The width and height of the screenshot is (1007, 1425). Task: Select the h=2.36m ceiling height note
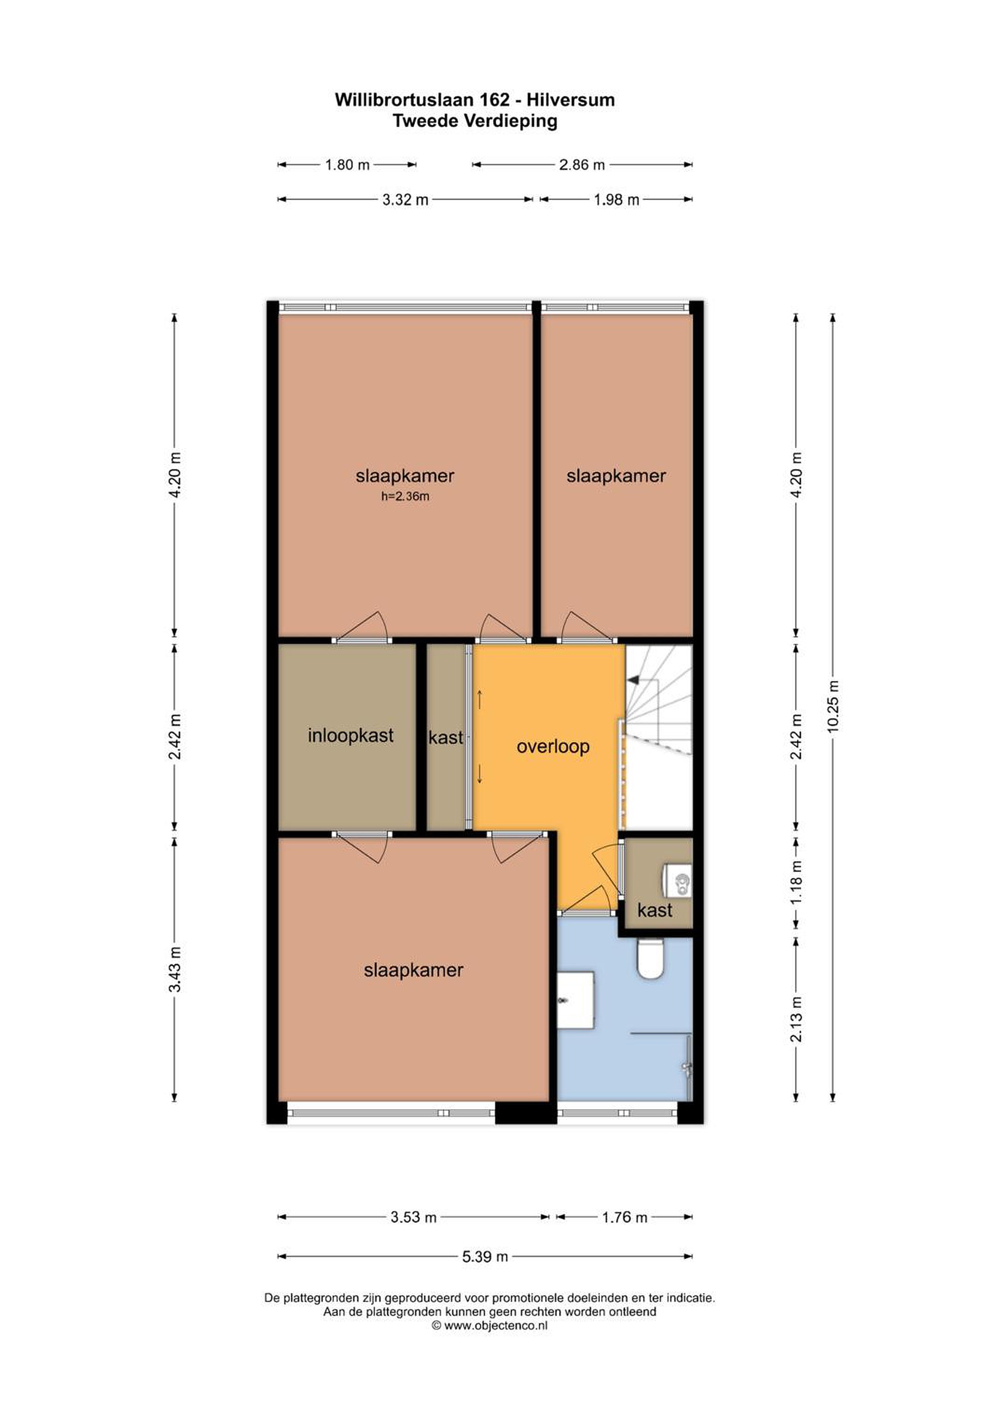[405, 496]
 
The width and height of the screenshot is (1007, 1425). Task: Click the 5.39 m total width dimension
[485, 1257]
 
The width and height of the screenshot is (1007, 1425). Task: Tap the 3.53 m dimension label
[414, 1217]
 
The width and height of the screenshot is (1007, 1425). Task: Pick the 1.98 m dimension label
[617, 200]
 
